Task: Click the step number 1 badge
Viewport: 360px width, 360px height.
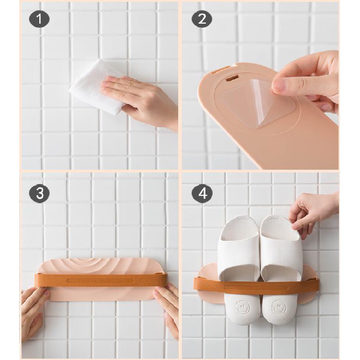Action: point(39,19)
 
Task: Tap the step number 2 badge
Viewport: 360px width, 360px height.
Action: point(202,19)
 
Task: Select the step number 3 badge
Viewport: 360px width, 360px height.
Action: point(39,193)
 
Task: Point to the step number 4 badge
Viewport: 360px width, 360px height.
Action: point(202,193)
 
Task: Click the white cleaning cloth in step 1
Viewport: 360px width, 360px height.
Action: point(96,87)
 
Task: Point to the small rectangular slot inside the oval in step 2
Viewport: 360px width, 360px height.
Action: point(231,79)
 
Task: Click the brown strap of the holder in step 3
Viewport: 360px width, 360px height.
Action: point(100,280)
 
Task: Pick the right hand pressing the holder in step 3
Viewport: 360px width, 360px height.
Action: point(167,310)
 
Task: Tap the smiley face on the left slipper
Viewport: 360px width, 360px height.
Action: point(243,307)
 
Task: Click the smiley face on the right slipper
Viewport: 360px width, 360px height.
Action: point(279,307)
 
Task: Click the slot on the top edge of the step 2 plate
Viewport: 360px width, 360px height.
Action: point(220,71)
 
